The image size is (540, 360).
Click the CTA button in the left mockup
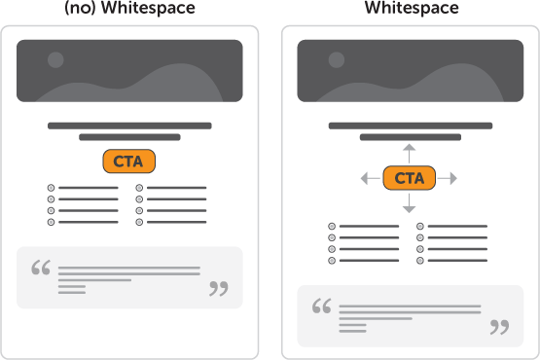click(x=128, y=162)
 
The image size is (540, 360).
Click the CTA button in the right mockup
click(x=409, y=178)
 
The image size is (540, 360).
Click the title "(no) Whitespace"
click(x=129, y=9)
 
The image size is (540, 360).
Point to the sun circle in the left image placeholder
click(x=55, y=60)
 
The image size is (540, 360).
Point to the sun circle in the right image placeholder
click(x=336, y=60)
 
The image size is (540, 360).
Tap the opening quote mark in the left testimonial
click(x=41, y=268)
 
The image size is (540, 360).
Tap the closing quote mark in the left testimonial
click(x=219, y=288)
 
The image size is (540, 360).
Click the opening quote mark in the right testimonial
click(x=321, y=306)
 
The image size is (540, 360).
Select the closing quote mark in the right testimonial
click(x=499, y=326)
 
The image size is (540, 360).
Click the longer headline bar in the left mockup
click(x=129, y=126)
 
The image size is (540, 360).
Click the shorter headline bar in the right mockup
click(x=409, y=137)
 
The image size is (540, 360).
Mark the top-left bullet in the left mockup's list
click(x=51, y=187)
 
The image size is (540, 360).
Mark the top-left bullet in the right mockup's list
click(x=332, y=226)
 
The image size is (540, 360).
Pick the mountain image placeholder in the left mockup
click(x=129, y=71)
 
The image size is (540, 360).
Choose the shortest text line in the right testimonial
click(x=352, y=330)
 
